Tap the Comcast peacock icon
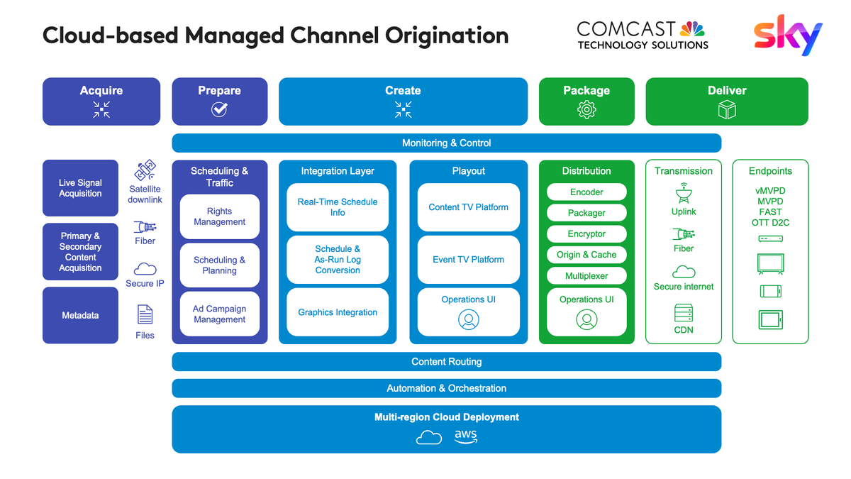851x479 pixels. (692, 29)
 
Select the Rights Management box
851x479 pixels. (220, 216)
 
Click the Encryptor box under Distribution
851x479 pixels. (586, 233)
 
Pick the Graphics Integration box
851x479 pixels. (338, 312)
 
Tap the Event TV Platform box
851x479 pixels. (468, 260)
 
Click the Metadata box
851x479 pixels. (80, 315)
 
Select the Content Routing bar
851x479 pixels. (446, 362)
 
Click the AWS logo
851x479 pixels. (466, 436)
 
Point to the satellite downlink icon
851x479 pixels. (145, 171)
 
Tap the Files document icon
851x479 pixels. (145, 314)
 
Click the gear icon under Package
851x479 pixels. (586, 109)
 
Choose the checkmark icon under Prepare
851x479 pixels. (220, 109)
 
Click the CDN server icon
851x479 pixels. (684, 313)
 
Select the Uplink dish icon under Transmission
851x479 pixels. (684, 194)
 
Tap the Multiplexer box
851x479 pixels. (586, 276)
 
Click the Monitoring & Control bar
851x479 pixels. (446, 143)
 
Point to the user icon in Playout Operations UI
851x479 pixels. (468, 320)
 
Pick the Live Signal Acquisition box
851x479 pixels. (80, 188)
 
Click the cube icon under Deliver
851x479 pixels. (727, 109)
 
